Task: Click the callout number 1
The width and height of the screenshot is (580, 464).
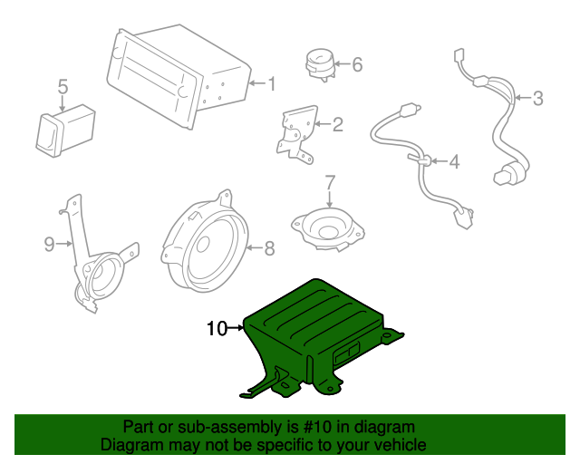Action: (270, 84)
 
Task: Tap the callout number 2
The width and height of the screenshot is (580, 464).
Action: (337, 125)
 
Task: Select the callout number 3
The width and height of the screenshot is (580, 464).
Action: (537, 98)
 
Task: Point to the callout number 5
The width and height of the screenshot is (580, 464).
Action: (63, 87)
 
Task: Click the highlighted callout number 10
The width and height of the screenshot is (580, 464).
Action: (217, 329)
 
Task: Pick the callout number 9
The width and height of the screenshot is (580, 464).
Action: (50, 243)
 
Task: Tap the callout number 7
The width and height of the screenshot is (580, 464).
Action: (330, 182)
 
